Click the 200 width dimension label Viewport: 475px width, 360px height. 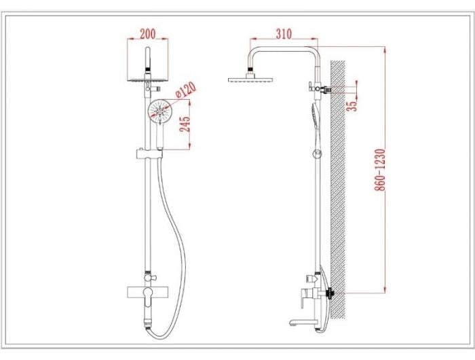pyautogui.click(x=147, y=34)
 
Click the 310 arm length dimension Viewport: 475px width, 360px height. pyautogui.click(x=284, y=34)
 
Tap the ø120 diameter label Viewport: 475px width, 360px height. pyautogui.click(x=186, y=90)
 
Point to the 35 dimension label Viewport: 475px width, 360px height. pyautogui.click(x=351, y=105)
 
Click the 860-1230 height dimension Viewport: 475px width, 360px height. pyautogui.click(x=380, y=170)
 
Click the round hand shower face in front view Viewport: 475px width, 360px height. pyautogui.click(x=159, y=111)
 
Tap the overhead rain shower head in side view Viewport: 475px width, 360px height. pyautogui.click(x=250, y=79)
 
